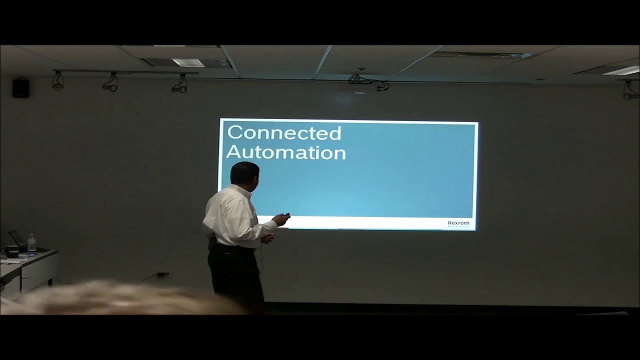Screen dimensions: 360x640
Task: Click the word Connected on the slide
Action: [x=283, y=133]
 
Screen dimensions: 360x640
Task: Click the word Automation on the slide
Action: [x=285, y=152]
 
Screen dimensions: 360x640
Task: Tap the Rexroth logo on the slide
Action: [x=458, y=223]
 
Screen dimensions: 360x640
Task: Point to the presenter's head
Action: [x=244, y=173]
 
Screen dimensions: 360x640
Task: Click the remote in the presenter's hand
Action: [x=285, y=216]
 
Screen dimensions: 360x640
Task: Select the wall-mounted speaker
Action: [x=20, y=88]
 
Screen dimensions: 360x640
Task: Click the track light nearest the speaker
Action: [x=58, y=81]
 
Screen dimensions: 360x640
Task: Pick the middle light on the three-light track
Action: [x=110, y=82]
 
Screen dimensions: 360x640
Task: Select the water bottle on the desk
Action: [x=31, y=243]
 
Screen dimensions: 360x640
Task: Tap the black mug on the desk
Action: [x=11, y=251]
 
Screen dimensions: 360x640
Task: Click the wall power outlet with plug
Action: [x=162, y=274]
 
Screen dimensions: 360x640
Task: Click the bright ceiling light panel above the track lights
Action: [x=188, y=62]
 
